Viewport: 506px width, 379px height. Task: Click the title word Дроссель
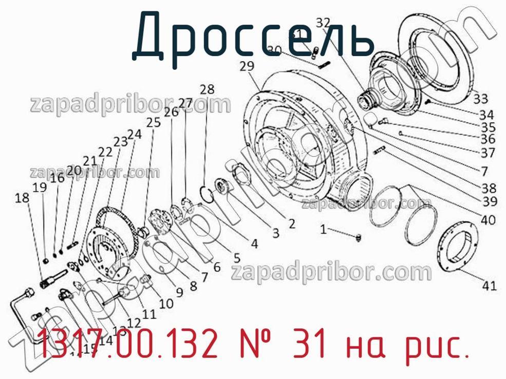pyautogui.click(x=253, y=35)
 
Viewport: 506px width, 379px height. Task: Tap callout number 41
pyautogui.click(x=489, y=286)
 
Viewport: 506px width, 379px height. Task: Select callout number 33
pyautogui.click(x=481, y=98)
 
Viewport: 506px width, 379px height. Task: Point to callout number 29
pyautogui.click(x=247, y=66)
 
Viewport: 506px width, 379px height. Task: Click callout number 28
pyautogui.click(x=207, y=88)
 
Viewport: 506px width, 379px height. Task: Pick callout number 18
pyautogui.click(x=22, y=198)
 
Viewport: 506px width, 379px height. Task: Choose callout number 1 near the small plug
pyautogui.click(x=323, y=230)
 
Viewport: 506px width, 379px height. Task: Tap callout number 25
pyautogui.click(x=153, y=123)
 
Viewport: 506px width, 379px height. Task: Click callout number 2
pyautogui.click(x=291, y=223)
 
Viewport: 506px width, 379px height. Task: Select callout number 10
pyautogui.click(x=166, y=304)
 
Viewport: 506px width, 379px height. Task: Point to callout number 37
pyautogui.click(x=488, y=153)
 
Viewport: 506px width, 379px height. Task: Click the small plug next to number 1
pyautogui.click(x=359, y=237)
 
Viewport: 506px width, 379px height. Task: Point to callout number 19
pyautogui.click(x=40, y=187)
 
